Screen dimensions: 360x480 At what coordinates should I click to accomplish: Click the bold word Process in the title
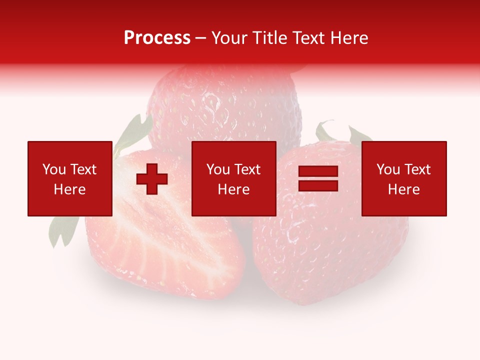[157, 37]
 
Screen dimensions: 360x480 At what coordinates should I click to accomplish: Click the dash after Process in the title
[200, 38]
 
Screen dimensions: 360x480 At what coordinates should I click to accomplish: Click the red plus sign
[152, 179]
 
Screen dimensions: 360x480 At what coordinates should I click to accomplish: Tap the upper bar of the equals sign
[318, 171]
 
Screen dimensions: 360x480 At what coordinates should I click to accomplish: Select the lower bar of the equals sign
[318, 186]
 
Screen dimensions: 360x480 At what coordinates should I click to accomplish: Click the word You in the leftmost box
[53, 169]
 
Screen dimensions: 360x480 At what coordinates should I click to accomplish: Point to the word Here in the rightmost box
[403, 189]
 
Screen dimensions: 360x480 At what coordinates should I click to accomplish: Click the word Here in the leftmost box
[69, 189]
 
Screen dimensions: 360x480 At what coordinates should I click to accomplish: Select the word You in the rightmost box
[387, 169]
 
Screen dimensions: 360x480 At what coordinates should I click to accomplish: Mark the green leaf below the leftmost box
[62, 232]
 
